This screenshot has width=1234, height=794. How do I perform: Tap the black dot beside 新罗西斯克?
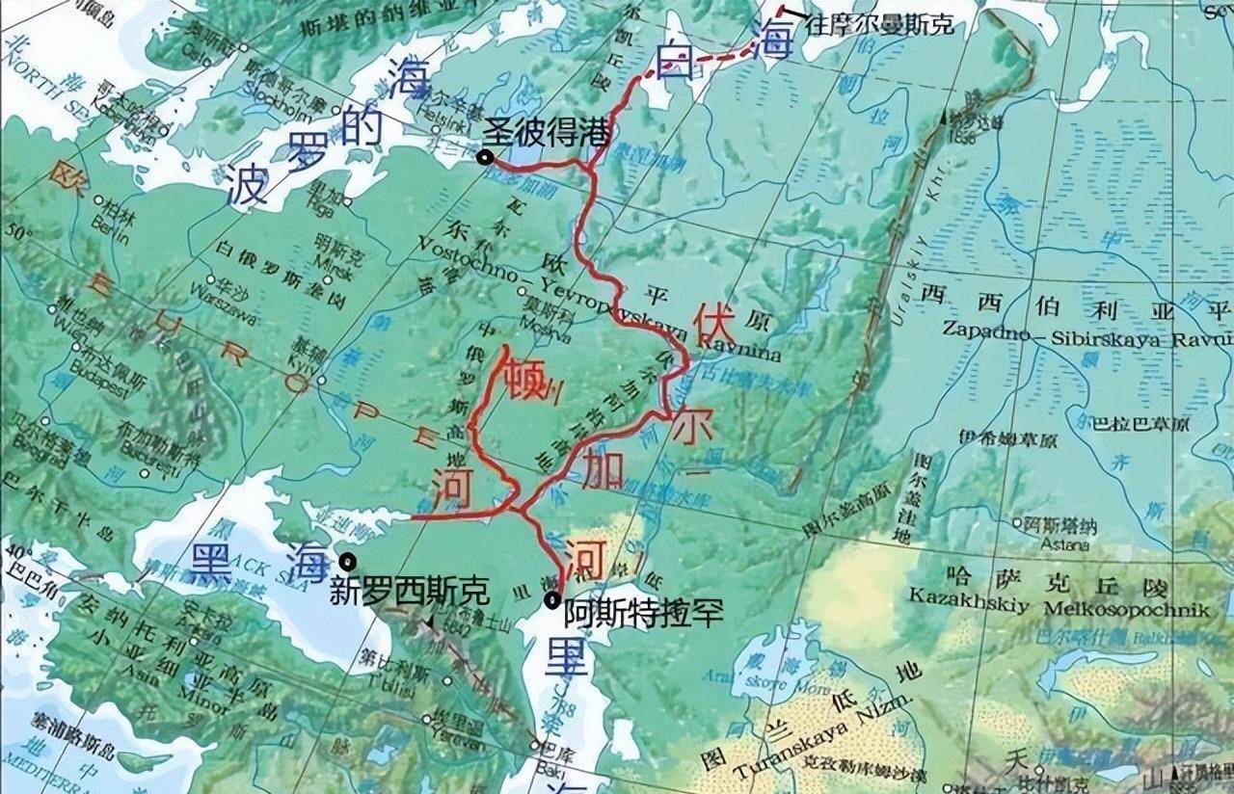click(347, 561)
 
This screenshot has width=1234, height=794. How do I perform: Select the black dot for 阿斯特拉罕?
click(551, 600)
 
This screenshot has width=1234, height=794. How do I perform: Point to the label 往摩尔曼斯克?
click(879, 25)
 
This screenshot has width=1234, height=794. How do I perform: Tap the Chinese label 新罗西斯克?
click(409, 590)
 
